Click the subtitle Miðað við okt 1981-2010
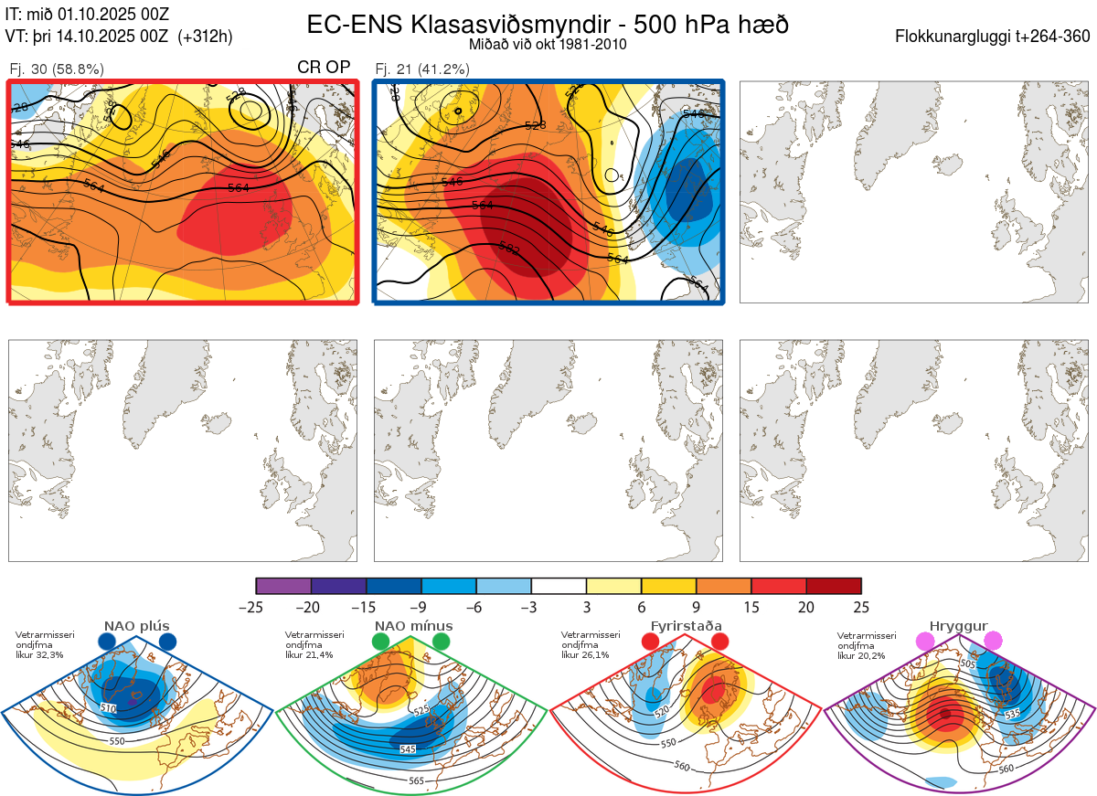pyautogui.click(x=548, y=44)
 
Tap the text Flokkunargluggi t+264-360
pyautogui.click(x=996, y=37)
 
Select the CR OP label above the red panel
pyautogui.click(x=324, y=68)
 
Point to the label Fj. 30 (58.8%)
pyautogui.click(x=57, y=69)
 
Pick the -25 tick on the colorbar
pyautogui.click(x=256, y=606)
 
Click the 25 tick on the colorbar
pyautogui.click(x=861, y=606)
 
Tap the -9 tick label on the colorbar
pyautogui.click(x=421, y=606)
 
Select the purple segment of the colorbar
pyautogui.click(x=283, y=586)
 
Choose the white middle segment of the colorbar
pyautogui.click(x=559, y=586)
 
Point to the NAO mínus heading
pyautogui.click(x=413, y=626)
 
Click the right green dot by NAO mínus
pyautogui.click(x=442, y=642)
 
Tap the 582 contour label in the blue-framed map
pyautogui.click(x=510, y=247)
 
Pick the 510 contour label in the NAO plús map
pyautogui.click(x=109, y=708)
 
